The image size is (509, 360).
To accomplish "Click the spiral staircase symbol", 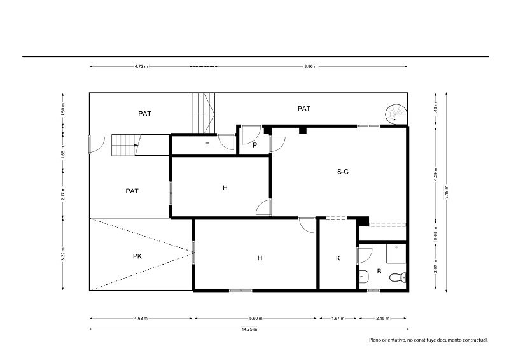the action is [396, 114].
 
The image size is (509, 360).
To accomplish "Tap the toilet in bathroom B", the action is [397, 277].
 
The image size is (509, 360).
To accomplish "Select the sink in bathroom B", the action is [363, 277].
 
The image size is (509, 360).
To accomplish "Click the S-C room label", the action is [343, 171].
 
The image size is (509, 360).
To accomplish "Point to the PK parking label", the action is [137, 256].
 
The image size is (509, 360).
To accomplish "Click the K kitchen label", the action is [338, 258].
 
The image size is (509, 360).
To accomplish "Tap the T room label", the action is [207, 145].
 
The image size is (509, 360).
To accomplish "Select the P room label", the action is [255, 145].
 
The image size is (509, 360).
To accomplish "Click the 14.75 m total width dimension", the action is [249, 329].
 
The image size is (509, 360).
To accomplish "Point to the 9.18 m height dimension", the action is [447, 192].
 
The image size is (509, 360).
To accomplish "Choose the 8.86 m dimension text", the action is [310, 66].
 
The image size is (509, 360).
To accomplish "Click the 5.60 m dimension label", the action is [256, 318].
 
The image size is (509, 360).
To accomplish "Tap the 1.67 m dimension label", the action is [338, 318].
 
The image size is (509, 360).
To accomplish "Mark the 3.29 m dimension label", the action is [63, 254].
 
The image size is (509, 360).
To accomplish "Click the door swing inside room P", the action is [251, 135].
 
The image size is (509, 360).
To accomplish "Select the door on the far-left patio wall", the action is [97, 144].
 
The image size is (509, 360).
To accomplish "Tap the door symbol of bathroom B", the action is [365, 256].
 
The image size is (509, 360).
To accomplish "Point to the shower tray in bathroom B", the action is [396, 253].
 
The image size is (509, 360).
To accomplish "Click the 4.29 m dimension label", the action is [435, 174].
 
